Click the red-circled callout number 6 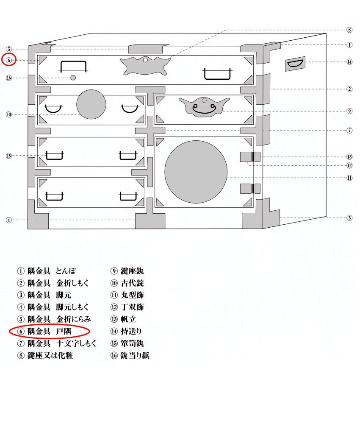pos(9,60)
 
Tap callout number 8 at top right pos(349,30)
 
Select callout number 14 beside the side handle pos(349,62)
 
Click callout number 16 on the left pos(9,78)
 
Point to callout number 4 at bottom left pos(9,220)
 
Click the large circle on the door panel pos(196,172)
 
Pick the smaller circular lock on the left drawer pos(91,104)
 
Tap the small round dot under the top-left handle pos(73,78)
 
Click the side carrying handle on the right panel pos(295,64)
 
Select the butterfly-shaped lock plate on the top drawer pos(145,66)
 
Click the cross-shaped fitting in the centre pos(150,131)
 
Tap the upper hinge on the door pos(250,157)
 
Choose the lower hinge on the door pos(250,189)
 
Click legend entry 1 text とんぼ pos(66,271)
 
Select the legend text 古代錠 pos(132,283)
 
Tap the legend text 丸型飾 pos(132,295)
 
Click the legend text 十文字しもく pos(76,343)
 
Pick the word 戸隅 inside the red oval pos(64,331)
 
